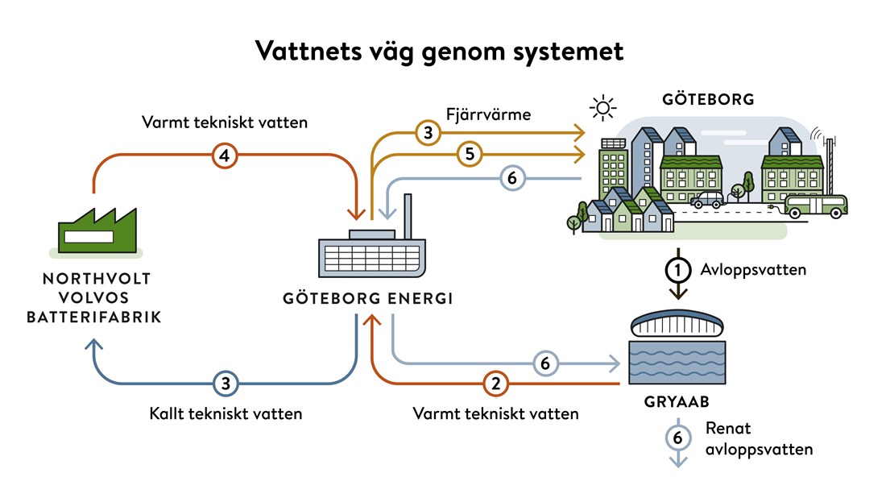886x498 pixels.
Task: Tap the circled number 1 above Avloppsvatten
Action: [x=677, y=269]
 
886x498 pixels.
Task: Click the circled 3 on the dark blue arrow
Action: [x=226, y=384]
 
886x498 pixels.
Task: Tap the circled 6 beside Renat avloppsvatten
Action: [x=677, y=438]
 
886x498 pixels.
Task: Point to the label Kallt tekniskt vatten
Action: [x=226, y=414]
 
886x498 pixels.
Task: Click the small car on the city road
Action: [x=705, y=199]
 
